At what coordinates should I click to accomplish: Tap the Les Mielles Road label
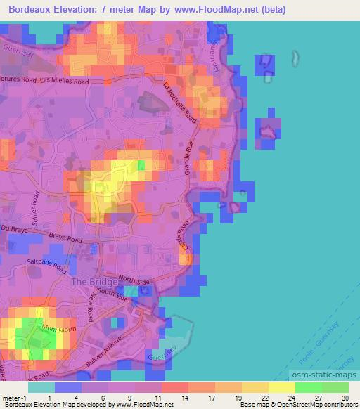(x=65, y=82)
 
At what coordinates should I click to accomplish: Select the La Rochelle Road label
(x=181, y=106)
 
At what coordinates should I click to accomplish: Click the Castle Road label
(x=185, y=237)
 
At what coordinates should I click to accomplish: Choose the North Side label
(x=135, y=280)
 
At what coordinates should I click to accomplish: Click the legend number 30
(x=345, y=398)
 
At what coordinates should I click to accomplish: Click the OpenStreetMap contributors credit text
(x=315, y=405)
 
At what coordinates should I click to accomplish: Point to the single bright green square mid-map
(x=141, y=165)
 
